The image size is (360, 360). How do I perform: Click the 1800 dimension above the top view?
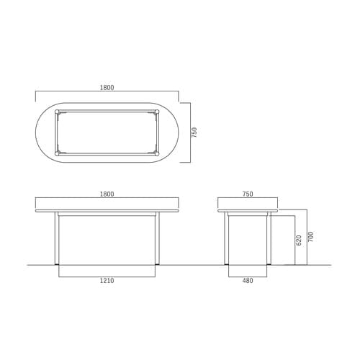tap(107, 88)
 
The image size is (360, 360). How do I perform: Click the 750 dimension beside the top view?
tap(194, 132)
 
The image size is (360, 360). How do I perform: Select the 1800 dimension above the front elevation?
tap(107, 194)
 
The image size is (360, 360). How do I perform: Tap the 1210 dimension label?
tap(107, 280)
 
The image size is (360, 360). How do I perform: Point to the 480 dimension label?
tap(248, 280)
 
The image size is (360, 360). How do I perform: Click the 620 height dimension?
tap(299, 240)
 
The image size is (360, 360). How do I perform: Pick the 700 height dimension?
tap(310, 237)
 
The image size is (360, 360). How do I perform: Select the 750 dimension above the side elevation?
tap(248, 194)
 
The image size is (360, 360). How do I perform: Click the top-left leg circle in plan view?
tap(57, 112)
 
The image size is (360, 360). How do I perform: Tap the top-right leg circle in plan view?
tap(157, 112)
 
